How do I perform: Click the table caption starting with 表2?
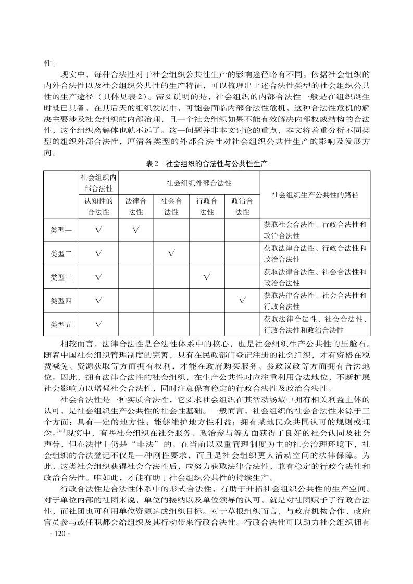pyautogui.click(x=207, y=163)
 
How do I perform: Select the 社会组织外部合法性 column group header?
pyautogui.click(x=198, y=183)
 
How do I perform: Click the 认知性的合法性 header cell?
pyautogui.click(x=98, y=206)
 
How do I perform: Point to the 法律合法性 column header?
pyautogui.click(x=135, y=206)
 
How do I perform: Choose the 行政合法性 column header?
pyautogui.click(x=206, y=206)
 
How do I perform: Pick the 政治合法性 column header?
pyautogui.click(x=242, y=206)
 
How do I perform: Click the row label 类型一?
pyautogui.click(x=61, y=230)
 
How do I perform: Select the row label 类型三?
pyautogui.click(x=61, y=277)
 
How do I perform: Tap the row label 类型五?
pyautogui.click(x=61, y=324)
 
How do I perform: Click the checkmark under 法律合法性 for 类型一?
pyautogui.click(x=135, y=230)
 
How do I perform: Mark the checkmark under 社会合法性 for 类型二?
pyautogui.click(x=171, y=253)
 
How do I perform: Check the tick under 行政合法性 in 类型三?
pyautogui.click(x=206, y=277)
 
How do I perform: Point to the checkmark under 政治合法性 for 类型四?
pyautogui.click(x=242, y=300)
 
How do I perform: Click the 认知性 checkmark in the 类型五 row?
pyautogui.click(x=98, y=324)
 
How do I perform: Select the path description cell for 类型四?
pyautogui.click(x=315, y=301)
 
